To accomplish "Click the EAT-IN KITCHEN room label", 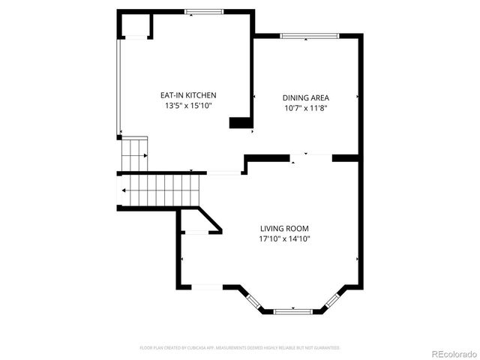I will tap(188, 95).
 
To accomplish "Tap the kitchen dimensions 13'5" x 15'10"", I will tap(188, 106).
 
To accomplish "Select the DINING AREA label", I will tap(305, 97).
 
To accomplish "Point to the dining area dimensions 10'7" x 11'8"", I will tap(305, 108).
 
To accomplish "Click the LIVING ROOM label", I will tap(284, 229).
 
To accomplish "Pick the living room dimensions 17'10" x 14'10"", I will tap(284, 239).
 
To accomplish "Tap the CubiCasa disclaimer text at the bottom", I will tap(240, 348).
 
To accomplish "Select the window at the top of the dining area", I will tap(310, 35).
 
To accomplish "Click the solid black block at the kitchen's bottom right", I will tap(240, 123).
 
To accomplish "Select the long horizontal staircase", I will tap(161, 191).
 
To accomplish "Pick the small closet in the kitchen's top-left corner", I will tap(136, 26).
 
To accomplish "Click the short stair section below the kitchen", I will tap(135, 155).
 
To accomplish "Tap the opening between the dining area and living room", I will tap(310, 157).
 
